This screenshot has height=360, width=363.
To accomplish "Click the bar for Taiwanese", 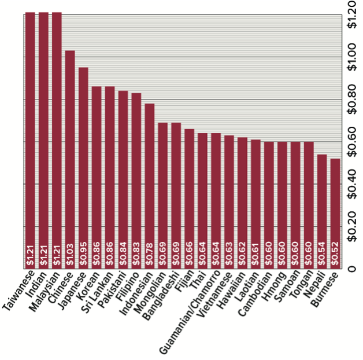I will point(30,139).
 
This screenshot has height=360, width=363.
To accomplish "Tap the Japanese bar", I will point(83,168).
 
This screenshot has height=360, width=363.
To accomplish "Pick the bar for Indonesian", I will point(150,185).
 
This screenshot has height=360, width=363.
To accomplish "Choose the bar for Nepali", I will point(322,211).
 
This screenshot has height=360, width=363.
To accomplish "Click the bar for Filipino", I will point(136,180).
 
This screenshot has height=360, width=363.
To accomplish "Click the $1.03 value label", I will point(70,255).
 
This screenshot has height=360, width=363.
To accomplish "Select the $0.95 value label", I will point(83,255).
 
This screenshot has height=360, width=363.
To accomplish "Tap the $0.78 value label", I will point(150,255).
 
